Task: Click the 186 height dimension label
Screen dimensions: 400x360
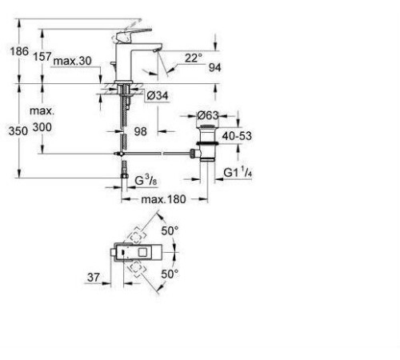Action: click(x=19, y=51)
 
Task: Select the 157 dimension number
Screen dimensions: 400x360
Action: click(x=42, y=57)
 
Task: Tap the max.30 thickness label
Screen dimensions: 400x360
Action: click(x=73, y=61)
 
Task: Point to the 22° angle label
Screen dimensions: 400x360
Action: click(x=194, y=58)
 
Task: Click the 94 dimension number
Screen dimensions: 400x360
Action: click(x=214, y=68)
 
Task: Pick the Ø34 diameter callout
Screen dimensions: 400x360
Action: click(x=158, y=95)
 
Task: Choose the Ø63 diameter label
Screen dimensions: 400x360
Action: click(x=208, y=115)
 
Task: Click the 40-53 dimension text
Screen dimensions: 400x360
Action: click(x=237, y=136)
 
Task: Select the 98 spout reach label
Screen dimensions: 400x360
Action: click(x=140, y=131)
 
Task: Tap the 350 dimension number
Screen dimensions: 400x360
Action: click(x=18, y=131)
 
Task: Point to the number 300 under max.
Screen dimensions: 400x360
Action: click(x=42, y=127)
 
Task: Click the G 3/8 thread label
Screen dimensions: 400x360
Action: click(x=146, y=181)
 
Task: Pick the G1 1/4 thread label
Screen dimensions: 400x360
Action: click(x=238, y=172)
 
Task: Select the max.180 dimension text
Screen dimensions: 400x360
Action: click(x=163, y=199)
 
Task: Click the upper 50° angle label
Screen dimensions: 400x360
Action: click(x=170, y=231)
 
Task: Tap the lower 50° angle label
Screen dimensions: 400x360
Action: click(x=170, y=274)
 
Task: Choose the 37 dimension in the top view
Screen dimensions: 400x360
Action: click(x=94, y=278)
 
